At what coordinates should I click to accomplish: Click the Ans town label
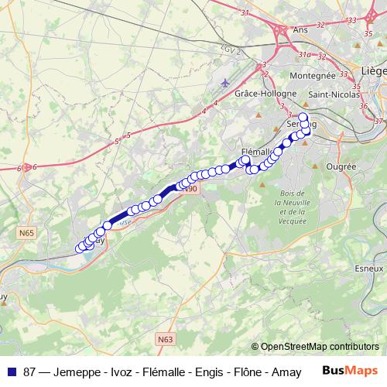pos(300,30)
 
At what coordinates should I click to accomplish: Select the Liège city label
pos(373,70)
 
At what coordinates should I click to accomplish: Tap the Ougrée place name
pos(341,166)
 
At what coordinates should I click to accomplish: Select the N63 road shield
pos(164,338)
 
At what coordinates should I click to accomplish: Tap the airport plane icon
pos(224,81)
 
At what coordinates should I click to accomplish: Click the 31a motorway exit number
pos(306,55)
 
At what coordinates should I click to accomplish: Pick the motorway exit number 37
pos(378,121)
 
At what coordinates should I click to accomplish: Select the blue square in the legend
pos(12,371)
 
